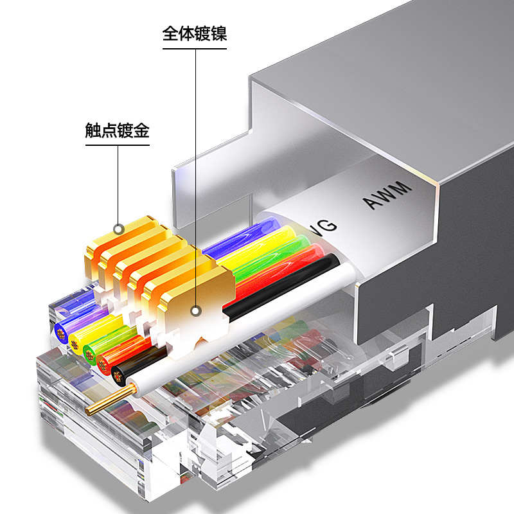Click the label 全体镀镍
[x=195, y=33]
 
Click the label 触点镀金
[x=117, y=132]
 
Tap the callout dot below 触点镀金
[x=118, y=229]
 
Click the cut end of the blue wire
[x=62, y=332]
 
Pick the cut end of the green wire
[x=90, y=354]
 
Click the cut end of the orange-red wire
[x=103, y=364]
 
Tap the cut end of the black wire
[x=118, y=375]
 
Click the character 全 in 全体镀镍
[x=170, y=33]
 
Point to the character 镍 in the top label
[x=219, y=33]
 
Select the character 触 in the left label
[x=93, y=132]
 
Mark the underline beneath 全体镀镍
[x=195, y=46]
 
